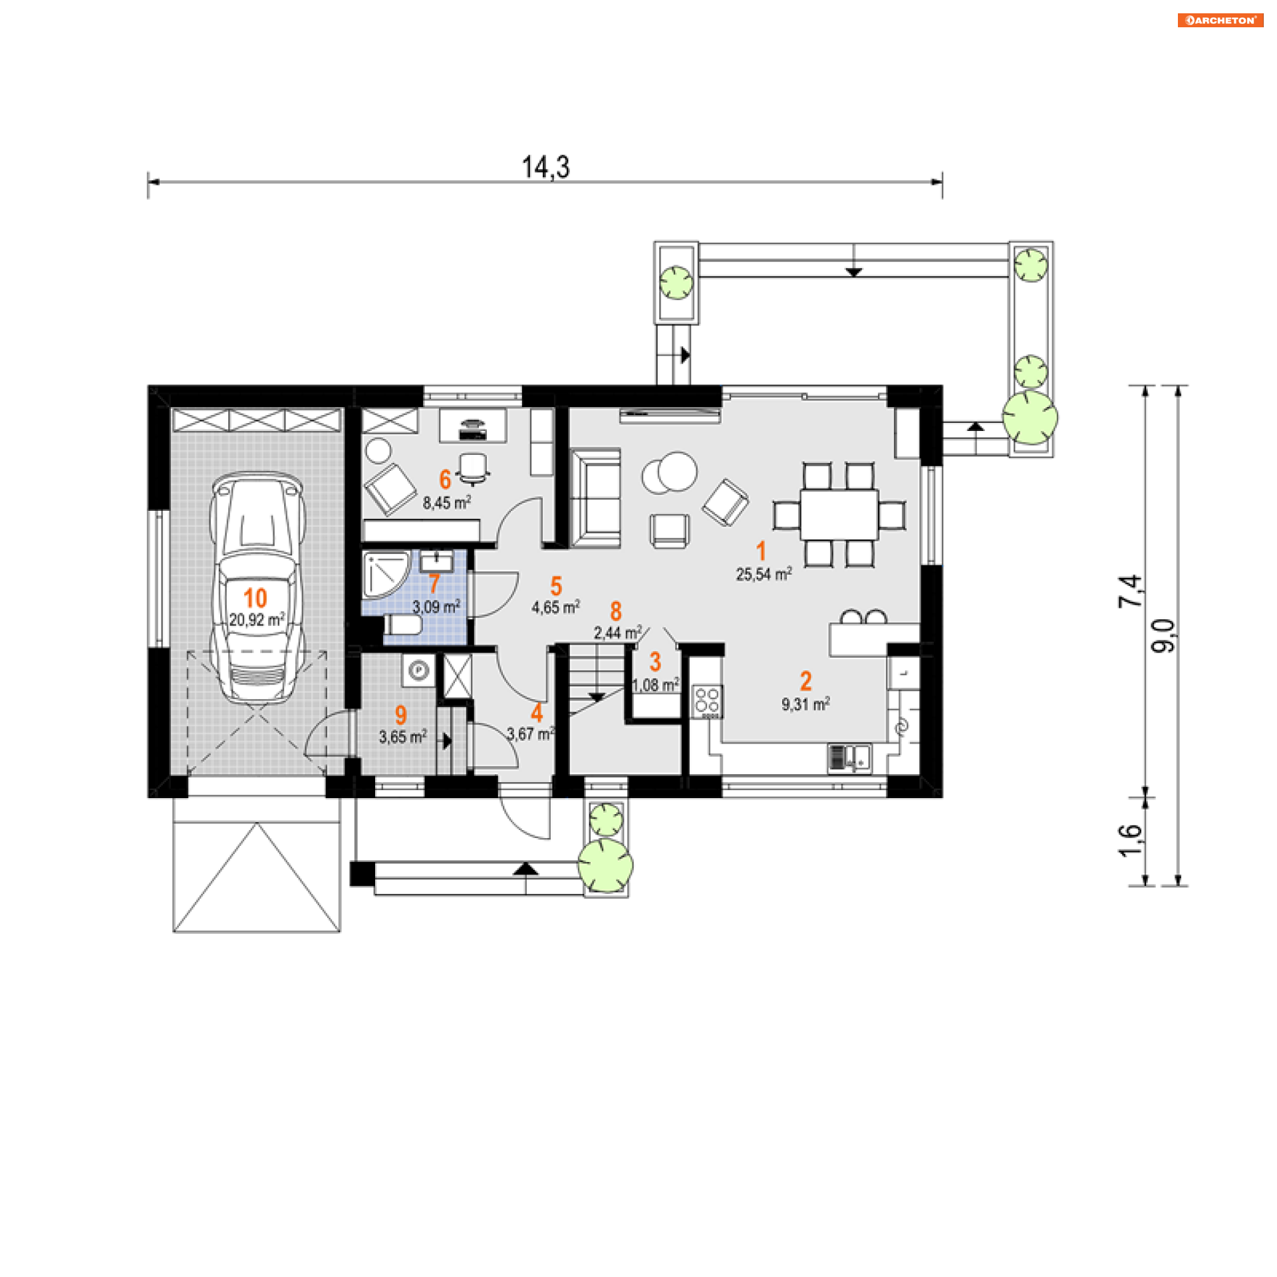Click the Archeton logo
click(x=1220, y=20)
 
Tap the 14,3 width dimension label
click(x=545, y=167)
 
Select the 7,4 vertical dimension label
click(x=1130, y=591)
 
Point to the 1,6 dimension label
click(x=1130, y=841)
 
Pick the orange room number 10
click(x=255, y=598)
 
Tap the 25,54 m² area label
click(x=764, y=573)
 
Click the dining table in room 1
click(x=839, y=515)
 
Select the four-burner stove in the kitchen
click(x=707, y=702)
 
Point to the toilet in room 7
click(x=402, y=625)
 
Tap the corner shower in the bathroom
click(x=385, y=574)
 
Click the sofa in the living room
click(x=596, y=497)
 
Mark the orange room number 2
click(x=805, y=680)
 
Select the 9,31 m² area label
click(x=805, y=704)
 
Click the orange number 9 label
click(x=400, y=714)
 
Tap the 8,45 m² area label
click(x=447, y=502)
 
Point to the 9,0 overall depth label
click(x=1163, y=635)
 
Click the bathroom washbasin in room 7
click(x=436, y=561)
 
